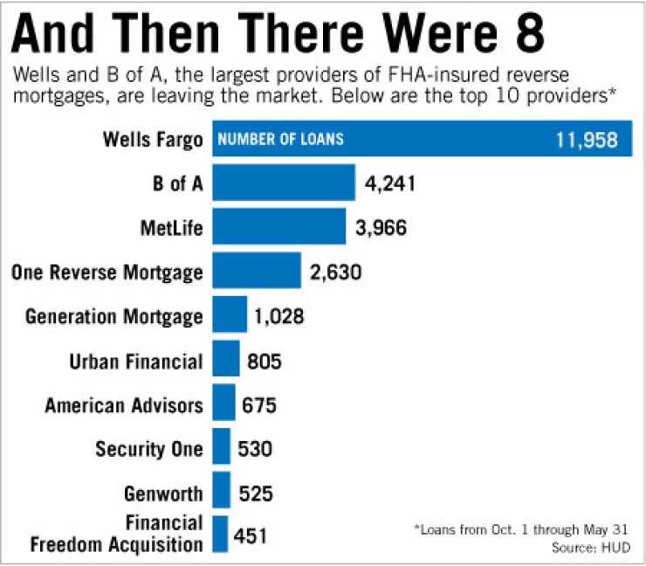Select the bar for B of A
click(x=284, y=183)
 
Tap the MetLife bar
click(x=278, y=227)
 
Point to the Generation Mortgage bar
click(x=229, y=314)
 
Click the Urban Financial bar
click(x=225, y=359)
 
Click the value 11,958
click(x=588, y=139)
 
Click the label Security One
click(x=149, y=449)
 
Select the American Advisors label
click(x=124, y=404)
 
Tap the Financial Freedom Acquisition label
click(x=116, y=535)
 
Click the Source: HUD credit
click(x=597, y=547)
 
